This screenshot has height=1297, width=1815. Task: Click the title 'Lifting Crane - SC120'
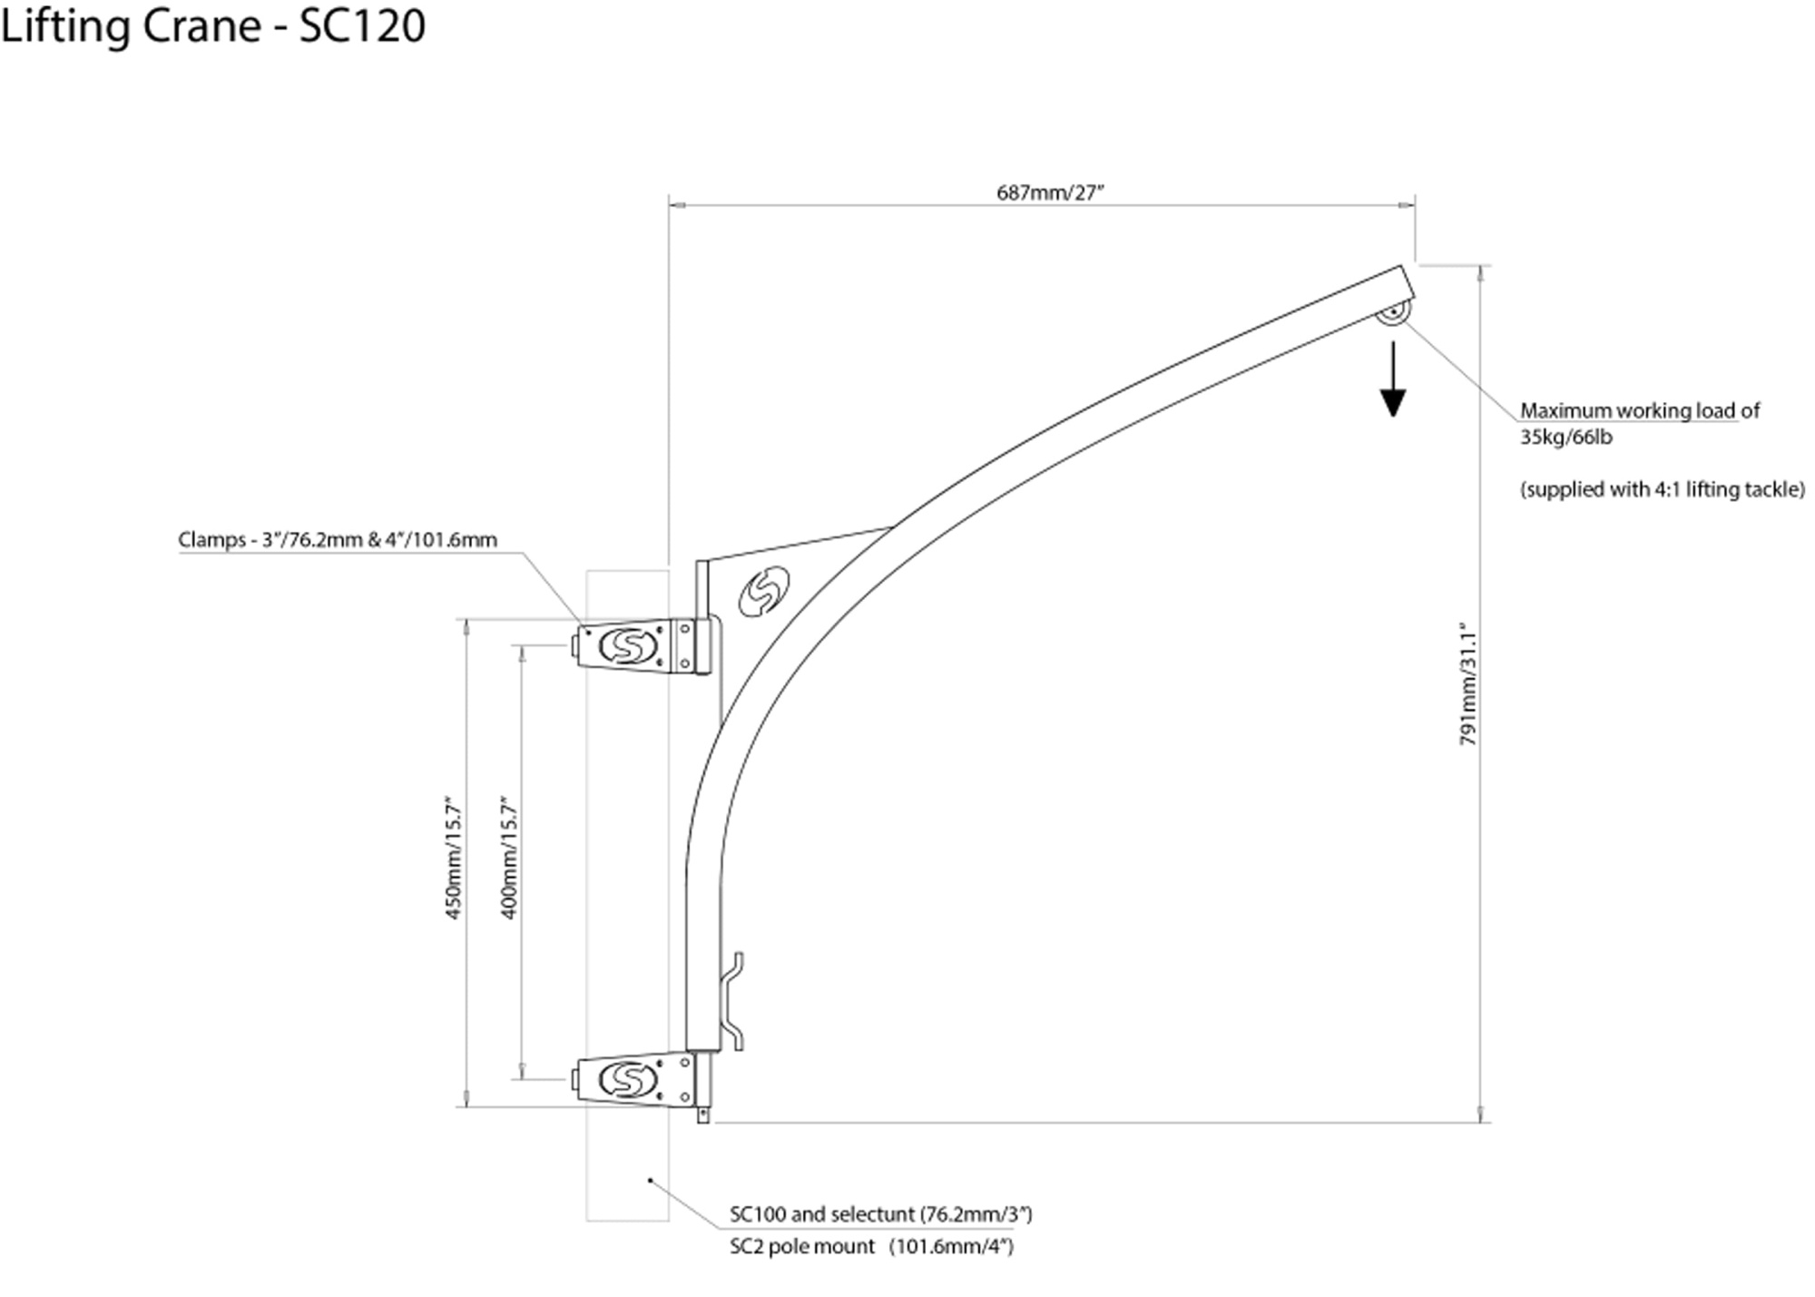pos(212,25)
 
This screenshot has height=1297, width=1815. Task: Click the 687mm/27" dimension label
pos(1050,192)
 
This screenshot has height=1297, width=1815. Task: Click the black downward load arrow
pos(1392,381)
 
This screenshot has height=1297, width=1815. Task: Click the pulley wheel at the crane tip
pos(1392,314)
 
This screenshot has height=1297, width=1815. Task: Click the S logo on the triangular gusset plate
pos(764,592)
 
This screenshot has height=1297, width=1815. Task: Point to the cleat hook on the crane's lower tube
pos(733,1002)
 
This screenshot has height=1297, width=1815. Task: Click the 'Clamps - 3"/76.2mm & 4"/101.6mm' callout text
pos(338,540)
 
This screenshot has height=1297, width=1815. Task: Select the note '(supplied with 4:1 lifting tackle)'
pos(1663,490)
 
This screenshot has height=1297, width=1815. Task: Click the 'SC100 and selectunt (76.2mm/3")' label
pos(880,1214)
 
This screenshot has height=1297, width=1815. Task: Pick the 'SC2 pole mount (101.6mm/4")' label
pos(871,1247)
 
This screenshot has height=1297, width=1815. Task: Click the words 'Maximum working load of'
pos(1639,411)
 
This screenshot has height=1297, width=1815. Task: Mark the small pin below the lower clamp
pos(702,1115)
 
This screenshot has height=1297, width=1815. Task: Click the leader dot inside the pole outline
pos(650,1180)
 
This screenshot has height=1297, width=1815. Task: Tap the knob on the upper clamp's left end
pos(576,646)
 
